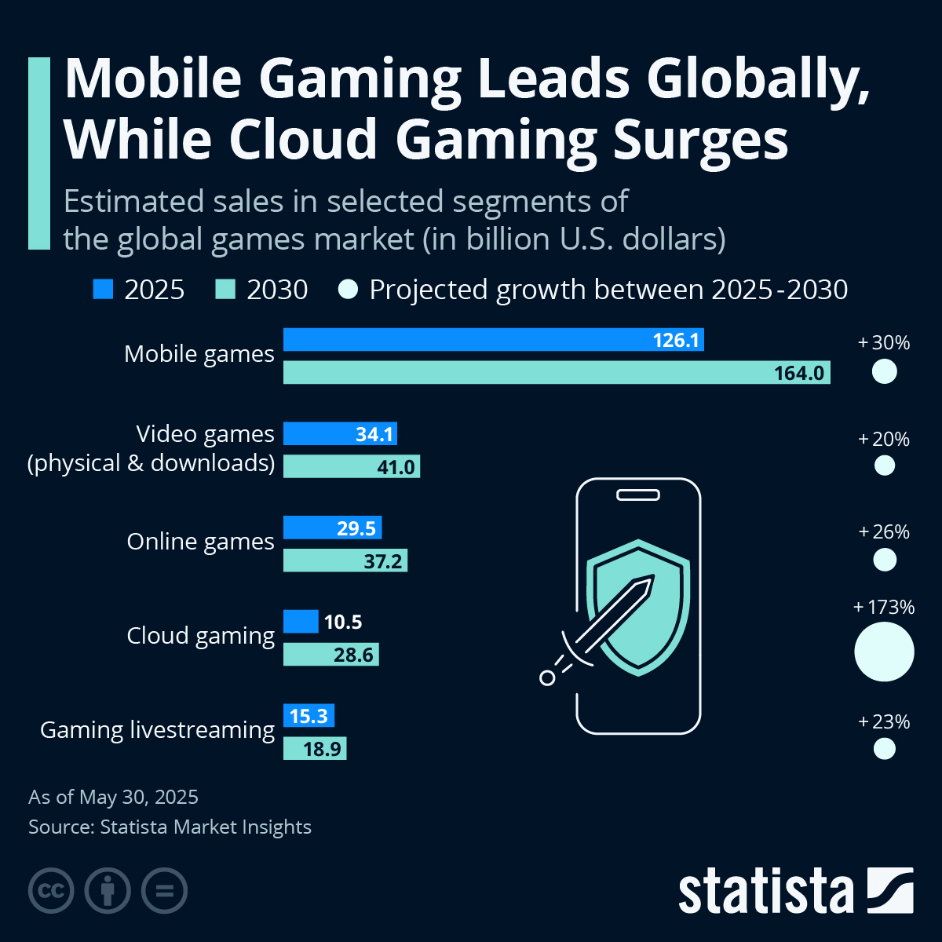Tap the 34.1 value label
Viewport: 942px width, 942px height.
374,434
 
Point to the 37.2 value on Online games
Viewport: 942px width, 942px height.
383,560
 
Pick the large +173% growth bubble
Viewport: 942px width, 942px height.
884,652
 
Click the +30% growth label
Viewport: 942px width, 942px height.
884,343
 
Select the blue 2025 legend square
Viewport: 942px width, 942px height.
103,290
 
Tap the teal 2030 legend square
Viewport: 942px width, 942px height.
225,290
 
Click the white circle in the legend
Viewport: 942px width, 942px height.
348,290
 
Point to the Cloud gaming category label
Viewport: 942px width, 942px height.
200,636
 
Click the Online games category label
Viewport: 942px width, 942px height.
200,542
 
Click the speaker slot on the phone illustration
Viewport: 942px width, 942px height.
638,495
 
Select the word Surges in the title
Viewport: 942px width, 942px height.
700,141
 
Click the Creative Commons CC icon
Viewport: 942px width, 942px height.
51,891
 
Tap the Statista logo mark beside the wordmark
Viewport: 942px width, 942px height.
890,890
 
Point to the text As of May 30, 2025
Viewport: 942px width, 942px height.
113,798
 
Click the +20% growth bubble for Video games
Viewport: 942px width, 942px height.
884,466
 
